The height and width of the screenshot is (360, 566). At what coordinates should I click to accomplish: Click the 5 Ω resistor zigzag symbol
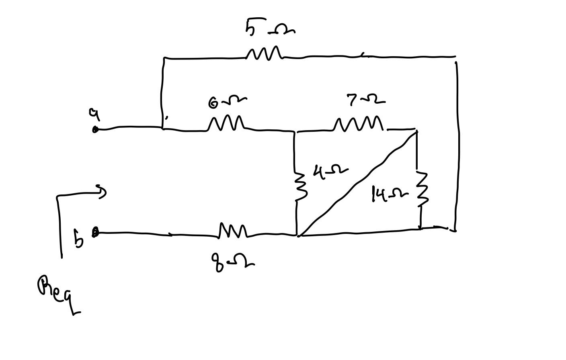[264, 53]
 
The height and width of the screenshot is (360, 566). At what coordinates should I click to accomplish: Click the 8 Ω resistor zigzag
[233, 231]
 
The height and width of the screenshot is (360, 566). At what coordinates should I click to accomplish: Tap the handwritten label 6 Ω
[227, 102]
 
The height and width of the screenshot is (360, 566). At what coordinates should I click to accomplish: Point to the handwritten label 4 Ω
[330, 172]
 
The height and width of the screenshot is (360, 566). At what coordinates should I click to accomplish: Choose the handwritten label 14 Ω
[388, 194]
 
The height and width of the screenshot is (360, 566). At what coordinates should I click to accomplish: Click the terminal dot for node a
[95, 129]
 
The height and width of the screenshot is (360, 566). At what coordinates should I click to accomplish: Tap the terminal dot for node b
[95, 232]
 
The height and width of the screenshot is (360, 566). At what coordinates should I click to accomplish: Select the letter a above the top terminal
[94, 114]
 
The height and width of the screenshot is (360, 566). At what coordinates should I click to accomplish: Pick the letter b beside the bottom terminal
[79, 239]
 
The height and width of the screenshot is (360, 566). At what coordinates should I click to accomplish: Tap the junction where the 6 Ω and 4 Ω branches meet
[295, 131]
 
